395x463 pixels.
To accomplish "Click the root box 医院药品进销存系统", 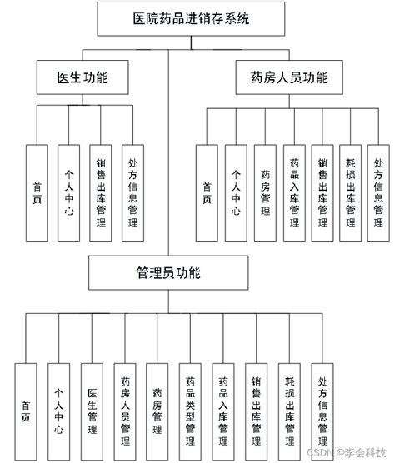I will click(167, 18).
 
